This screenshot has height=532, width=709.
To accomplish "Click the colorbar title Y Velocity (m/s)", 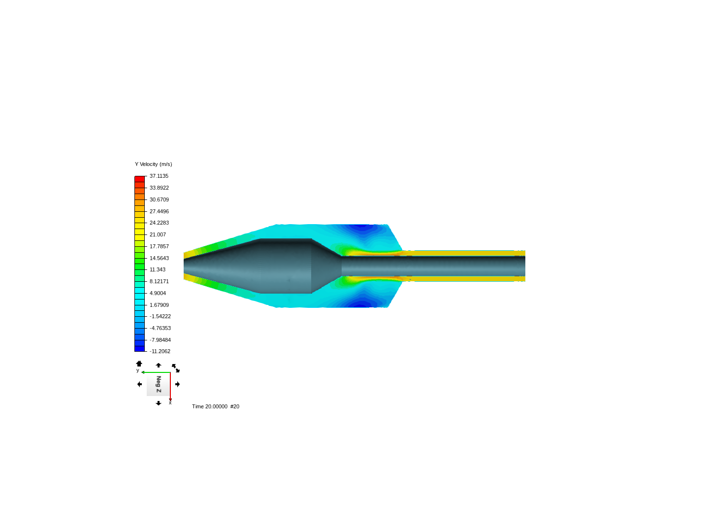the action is (154, 164).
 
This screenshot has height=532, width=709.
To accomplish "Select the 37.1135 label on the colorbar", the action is (159, 176).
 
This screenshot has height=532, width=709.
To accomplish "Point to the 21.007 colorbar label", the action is (158, 234).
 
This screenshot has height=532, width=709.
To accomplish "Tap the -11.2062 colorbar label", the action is (160, 351).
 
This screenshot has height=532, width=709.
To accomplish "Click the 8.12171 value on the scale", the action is (159, 281).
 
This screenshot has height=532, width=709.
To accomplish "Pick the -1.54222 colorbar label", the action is (160, 316).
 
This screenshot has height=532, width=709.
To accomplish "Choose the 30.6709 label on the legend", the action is (159, 199).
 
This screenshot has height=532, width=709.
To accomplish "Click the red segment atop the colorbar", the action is (139, 179).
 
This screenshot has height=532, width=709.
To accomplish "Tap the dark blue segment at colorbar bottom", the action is (139, 349).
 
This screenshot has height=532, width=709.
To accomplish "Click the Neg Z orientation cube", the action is (158, 384).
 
